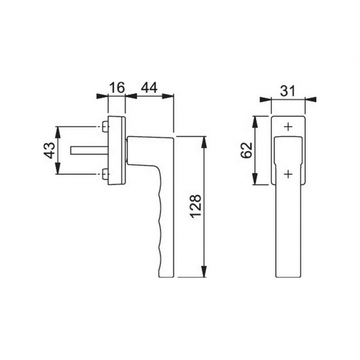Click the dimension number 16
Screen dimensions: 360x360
coord(117,87)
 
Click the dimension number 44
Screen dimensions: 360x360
coord(149,87)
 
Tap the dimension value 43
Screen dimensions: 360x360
coord(49,150)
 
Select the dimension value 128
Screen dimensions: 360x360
coord(196,207)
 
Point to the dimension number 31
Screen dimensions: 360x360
coord(288,91)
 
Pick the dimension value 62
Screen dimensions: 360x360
coord(246,150)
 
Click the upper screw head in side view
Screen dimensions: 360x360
coord(105,127)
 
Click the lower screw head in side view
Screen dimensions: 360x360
coord(105,174)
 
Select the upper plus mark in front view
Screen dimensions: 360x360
coord(288,127)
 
